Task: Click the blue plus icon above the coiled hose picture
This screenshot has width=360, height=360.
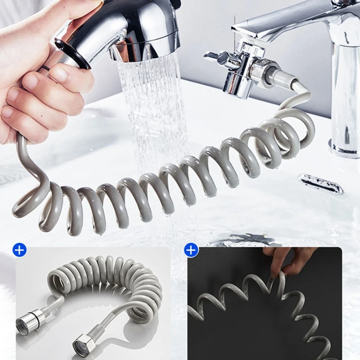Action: tap(19, 250)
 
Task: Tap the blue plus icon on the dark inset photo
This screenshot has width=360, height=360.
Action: tap(191, 250)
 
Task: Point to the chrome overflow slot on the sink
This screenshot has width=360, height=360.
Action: tap(321, 184)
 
